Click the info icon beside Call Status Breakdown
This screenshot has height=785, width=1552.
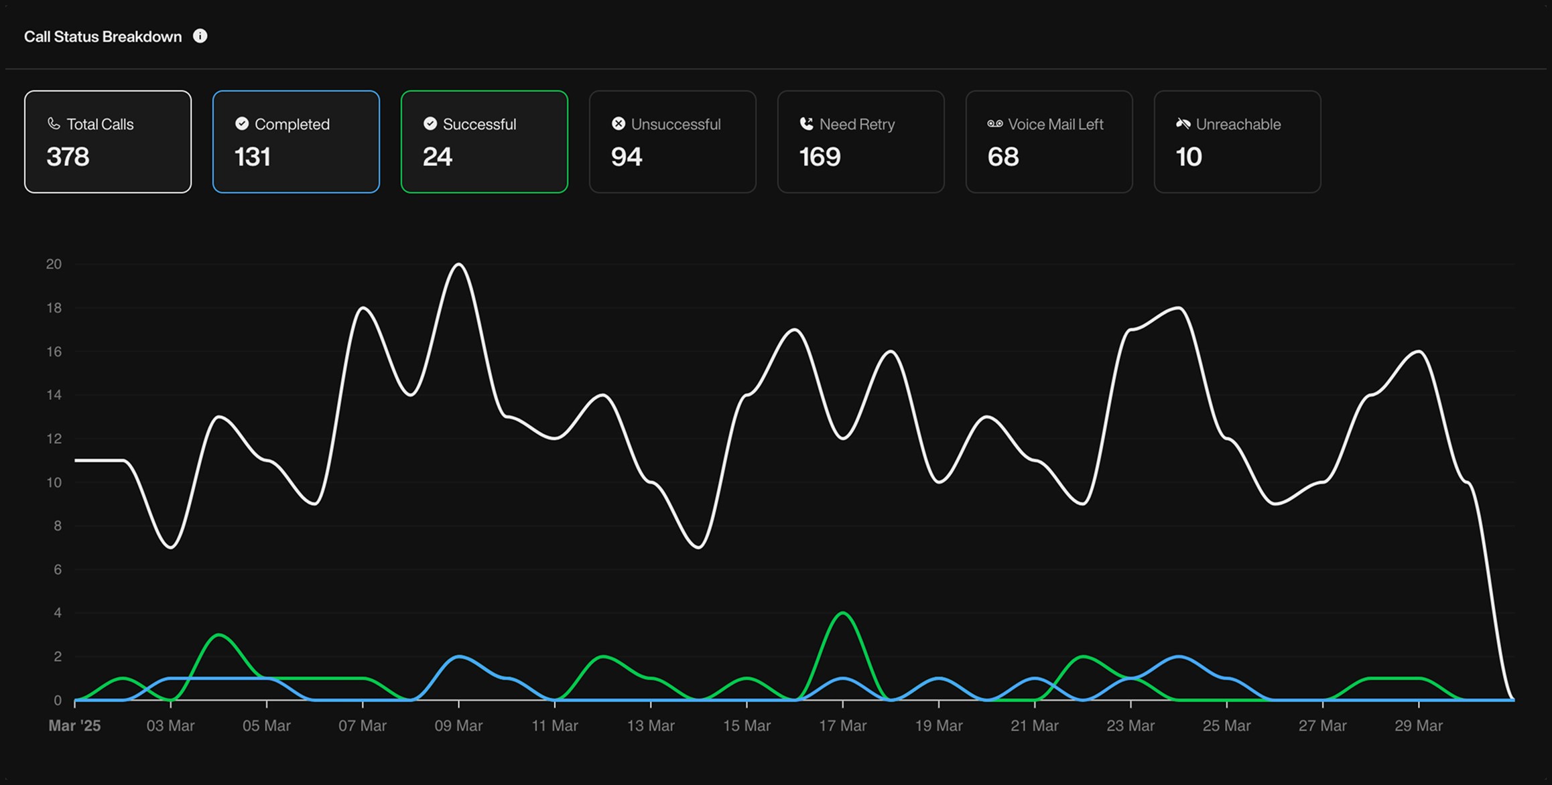(x=200, y=36)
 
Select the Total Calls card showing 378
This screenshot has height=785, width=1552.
(x=108, y=142)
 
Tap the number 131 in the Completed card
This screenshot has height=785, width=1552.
(x=253, y=157)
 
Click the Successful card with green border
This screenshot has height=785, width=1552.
(x=484, y=142)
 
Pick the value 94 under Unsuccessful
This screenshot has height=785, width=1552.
(x=626, y=157)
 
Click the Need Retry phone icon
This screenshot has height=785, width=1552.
(x=806, y=124)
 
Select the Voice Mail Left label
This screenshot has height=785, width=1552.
(x=1055, y=124)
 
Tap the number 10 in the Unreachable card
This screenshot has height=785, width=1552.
(x=1188, y=157)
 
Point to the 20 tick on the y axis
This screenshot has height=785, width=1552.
(x=54, y=264)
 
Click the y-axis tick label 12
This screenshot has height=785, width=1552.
(x=54, y=439)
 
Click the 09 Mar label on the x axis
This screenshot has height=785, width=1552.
(x=458, y=725)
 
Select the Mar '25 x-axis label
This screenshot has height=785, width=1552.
(x=74, y=725)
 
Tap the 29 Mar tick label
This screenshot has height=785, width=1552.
(x=1418, y=725)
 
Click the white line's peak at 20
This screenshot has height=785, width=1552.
(x=459, y=264)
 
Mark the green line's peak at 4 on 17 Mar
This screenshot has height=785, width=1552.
(x=842, y=613)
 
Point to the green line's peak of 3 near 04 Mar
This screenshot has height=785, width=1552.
(x=219, y=634)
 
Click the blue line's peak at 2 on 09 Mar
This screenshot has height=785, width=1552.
(x=459, y=656)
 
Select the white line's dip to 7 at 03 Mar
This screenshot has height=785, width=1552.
(x=171, y=547)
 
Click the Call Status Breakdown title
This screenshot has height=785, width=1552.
(x=103, y=36)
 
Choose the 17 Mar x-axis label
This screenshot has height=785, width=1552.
(x=842, y=725)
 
